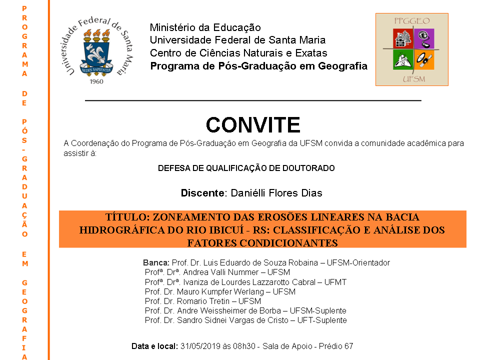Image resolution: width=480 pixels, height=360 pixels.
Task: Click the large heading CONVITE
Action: click(x=253, y=125)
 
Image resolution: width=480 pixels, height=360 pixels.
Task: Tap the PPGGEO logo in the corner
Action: click(x=412, y=49)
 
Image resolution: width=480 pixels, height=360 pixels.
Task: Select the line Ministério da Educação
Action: click(x=205, y=28)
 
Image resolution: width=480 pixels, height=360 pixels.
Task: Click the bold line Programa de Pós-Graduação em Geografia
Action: click(x=258, y=66)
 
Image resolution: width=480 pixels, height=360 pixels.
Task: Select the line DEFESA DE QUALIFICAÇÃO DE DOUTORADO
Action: click(x=246, y=168)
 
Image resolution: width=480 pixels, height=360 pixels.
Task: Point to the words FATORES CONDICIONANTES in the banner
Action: click(x=262, y=243)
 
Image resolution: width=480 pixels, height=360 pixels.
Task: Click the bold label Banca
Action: click(x=156, y=262)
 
